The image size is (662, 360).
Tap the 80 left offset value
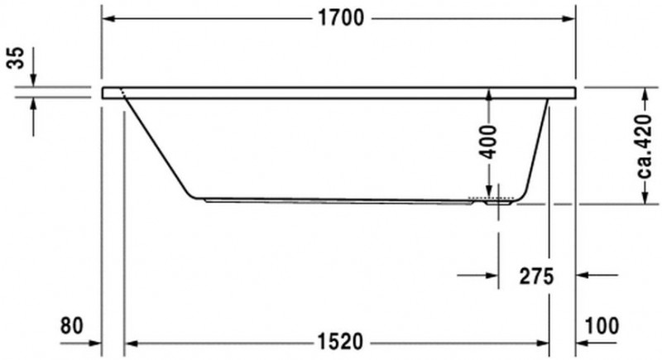[x=73, y=325]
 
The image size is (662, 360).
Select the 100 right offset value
[x=601, y=325]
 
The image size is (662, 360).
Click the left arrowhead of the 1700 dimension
[x=108, y=19]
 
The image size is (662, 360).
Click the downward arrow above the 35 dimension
[x=33, y=79]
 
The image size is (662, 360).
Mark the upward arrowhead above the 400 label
[x=489, y=95]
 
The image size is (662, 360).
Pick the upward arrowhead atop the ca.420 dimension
[x=644, y=93]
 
